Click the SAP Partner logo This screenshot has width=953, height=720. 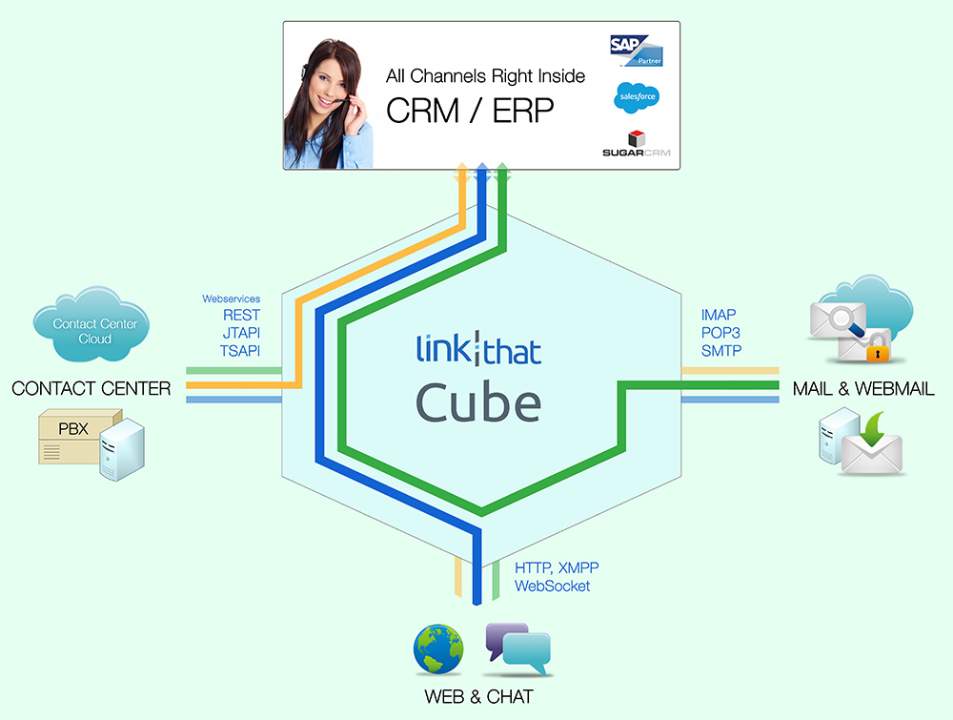636,50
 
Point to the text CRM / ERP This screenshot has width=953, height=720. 469,111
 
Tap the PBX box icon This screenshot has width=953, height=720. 81,436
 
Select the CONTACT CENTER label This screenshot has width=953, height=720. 91,388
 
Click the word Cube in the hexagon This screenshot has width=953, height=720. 477,401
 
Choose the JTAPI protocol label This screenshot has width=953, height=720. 241,333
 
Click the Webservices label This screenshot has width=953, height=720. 231,299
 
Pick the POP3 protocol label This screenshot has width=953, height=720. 720,333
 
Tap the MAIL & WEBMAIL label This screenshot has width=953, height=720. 863,388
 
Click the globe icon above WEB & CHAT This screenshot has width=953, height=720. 438,650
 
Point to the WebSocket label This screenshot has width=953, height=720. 552,586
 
